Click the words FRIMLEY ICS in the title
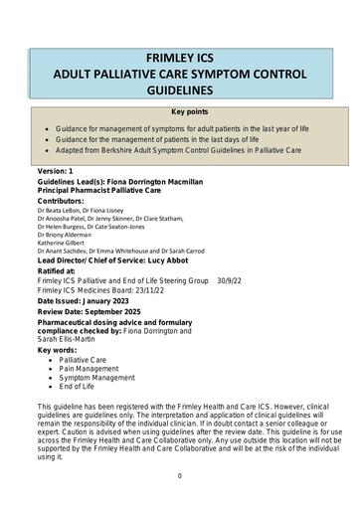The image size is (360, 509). point(180,57)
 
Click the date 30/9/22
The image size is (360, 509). point(231,280)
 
